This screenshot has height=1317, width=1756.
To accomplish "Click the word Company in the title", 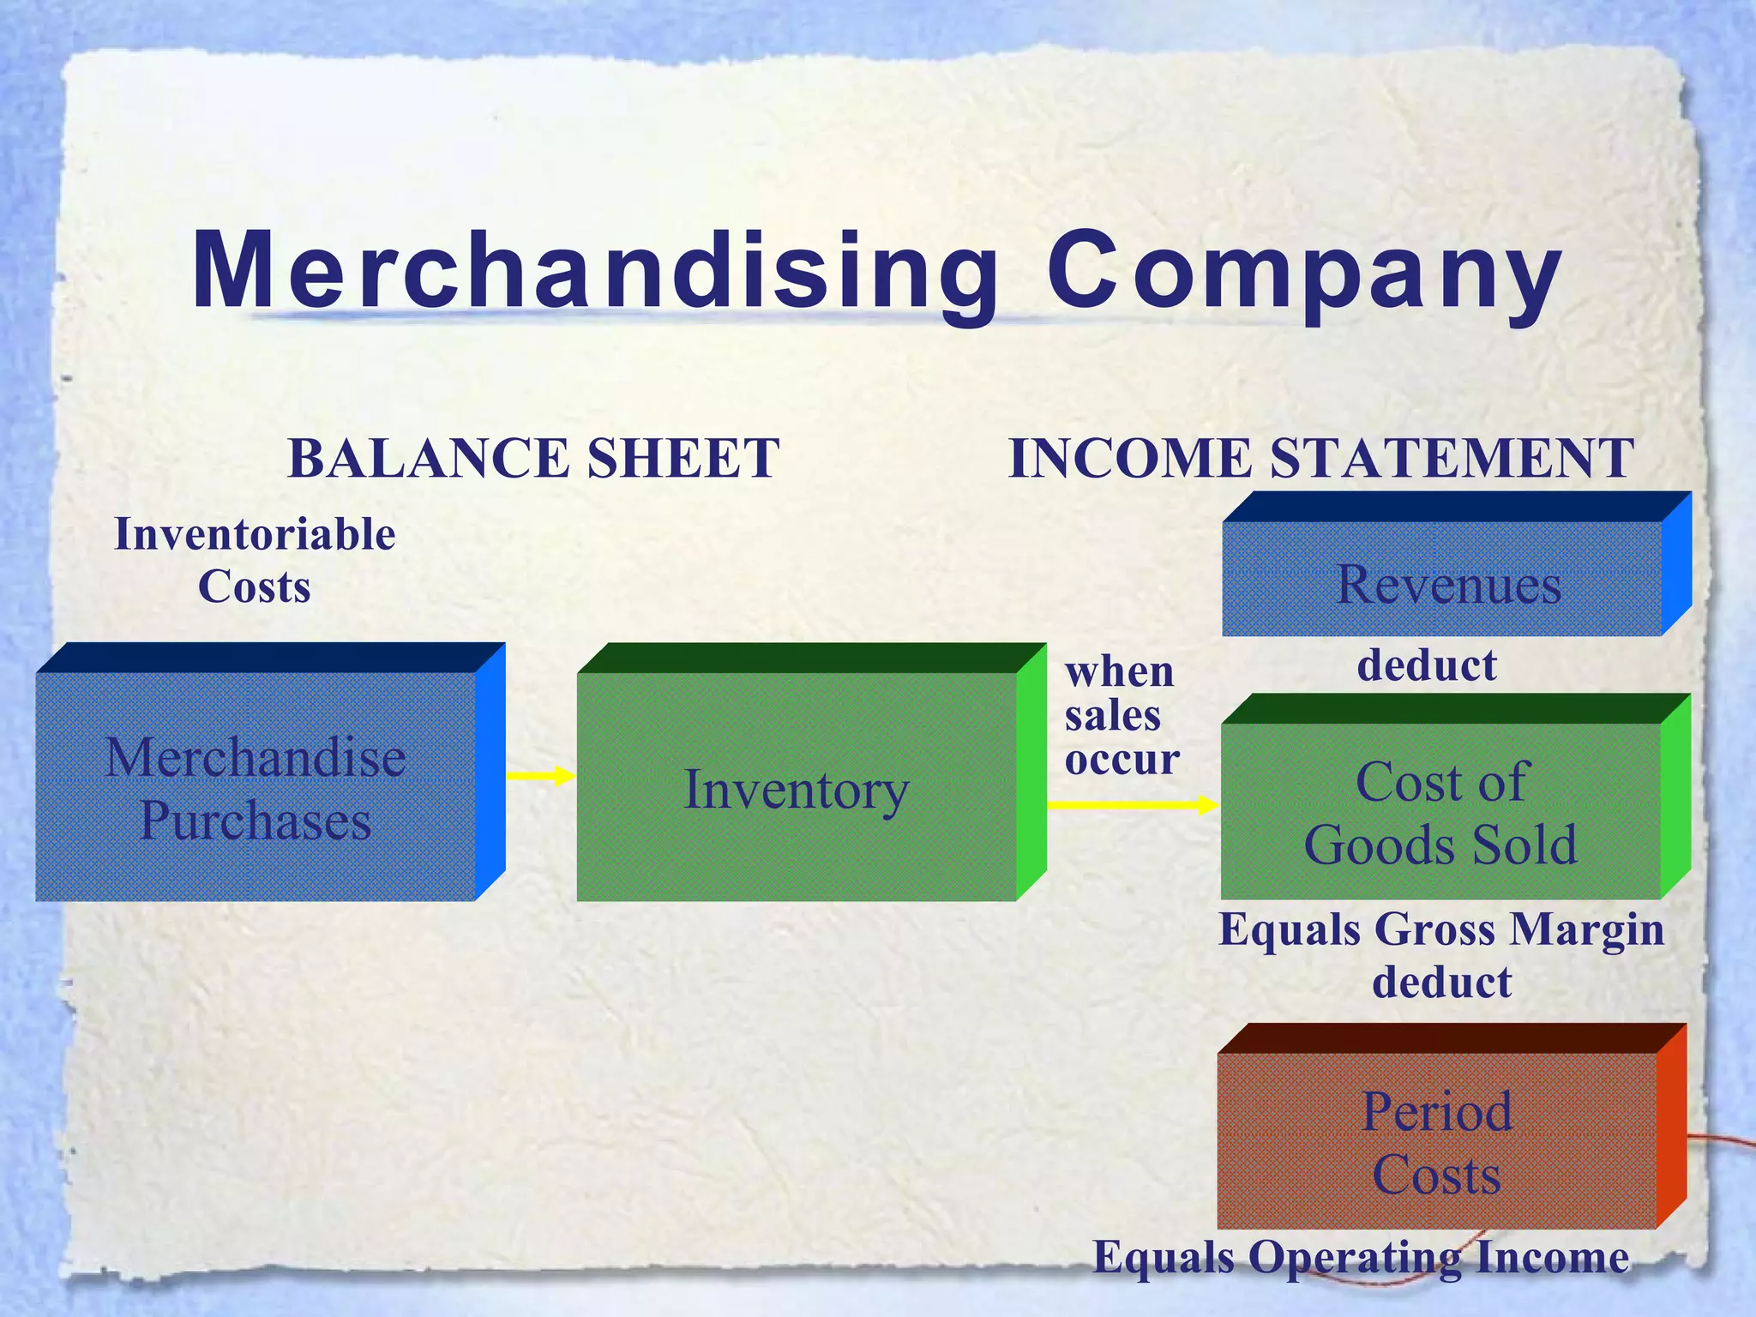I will [x=1302, y=273].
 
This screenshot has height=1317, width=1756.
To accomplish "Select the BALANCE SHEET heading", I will [x=533, y=458].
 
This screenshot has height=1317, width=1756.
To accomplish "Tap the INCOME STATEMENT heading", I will [x=1320, y=458].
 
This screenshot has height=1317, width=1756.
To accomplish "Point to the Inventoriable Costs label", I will [x=255, y=560].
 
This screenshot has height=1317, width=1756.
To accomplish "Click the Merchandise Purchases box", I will [x=256, y=786].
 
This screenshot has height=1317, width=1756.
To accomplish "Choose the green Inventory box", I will [x=796, y=786].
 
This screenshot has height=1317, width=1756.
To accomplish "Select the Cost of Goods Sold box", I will [x=1440, y=810].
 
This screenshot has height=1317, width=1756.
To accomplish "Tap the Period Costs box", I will [x=1437, y=1140].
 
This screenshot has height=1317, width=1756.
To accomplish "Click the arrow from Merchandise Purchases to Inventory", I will [x=540, y=776].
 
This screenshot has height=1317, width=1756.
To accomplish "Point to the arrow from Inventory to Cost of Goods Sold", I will [x=1132, y=804].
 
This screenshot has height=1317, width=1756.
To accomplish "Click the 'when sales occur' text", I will [x=1121, y=715].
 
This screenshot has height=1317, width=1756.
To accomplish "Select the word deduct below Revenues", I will [x=1427, y=665].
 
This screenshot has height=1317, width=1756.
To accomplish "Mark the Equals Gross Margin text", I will [x=1440, y=929].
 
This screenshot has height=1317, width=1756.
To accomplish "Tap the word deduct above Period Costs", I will [x=1441, y=982].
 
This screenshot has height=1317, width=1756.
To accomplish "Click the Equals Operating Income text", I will [x=1361, y=1258].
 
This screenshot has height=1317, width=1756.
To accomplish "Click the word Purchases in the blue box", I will [x=256, y=821].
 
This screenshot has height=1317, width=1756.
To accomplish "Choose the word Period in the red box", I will [x=1437, y=1112].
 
